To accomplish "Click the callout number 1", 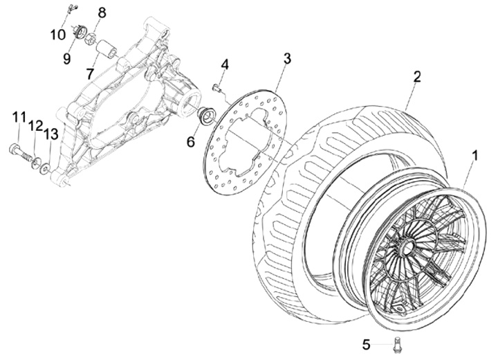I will pyautogui.click(x=475, y=156).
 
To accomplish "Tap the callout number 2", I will pyautogui.click(x=416, y=77).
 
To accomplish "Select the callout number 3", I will pyautogui.click(x=287, y=57).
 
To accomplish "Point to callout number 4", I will pyautogui.click(x=225, y=65).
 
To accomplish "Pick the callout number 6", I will pyautogui.click(x=191, y=141).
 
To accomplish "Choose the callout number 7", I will pyautogui.click(x=91, y=73).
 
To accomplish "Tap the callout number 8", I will pyautogui.click(x=102, y=13).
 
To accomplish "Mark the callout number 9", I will pyautogui.click(x=67, y=59).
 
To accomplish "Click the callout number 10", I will pyautogui.click(x=57, y=34).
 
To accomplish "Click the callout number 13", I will pyautogui.click(x=50, y=133).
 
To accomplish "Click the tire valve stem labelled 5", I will pyautogui.click(x=398, y=343).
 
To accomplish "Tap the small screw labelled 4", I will pyautogui.click(x=217, y=88).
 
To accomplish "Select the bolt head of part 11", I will pyautogui.click(x=13, y=147).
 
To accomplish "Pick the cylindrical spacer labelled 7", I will pyautogui.click(x=108, y=51).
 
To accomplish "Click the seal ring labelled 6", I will pyautogui.click(x=206, y=116).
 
